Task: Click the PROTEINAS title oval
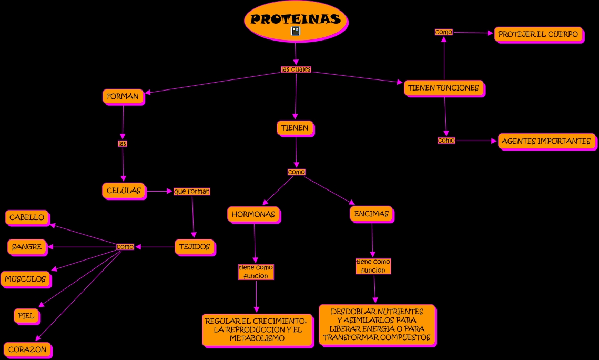pyautogui.click(x=296, y=21)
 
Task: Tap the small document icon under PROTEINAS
pyautogui.click(x=296, y=31)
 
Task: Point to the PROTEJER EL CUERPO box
pyautogui.click(x=539, y=35)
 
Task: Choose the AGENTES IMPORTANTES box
pyautogui.click(x=547, y=142)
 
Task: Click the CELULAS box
pyautogui.click(x=124, y=191)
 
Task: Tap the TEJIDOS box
pyautogui.click(x=195, y=247)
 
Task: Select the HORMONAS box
pyautogui.click(x=254, y=215)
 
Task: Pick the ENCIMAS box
pyautogui.click(x=372, y=214)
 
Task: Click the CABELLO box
pyautogui.click(x=27, y=218)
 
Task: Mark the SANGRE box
pyautogui.click(x=27, y=247)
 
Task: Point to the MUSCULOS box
pyautogui.click(x=26, y=279)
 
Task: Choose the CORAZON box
pyautogui.click(x=28, y=350)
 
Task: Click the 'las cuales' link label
pyautogui.click(x=296, y=69)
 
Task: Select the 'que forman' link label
pyautogui.click(x=192, y=191)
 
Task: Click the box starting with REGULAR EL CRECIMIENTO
pyautogui.click(x=258, y=330)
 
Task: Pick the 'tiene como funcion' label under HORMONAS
pyautogui.click(x=256, y=272)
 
